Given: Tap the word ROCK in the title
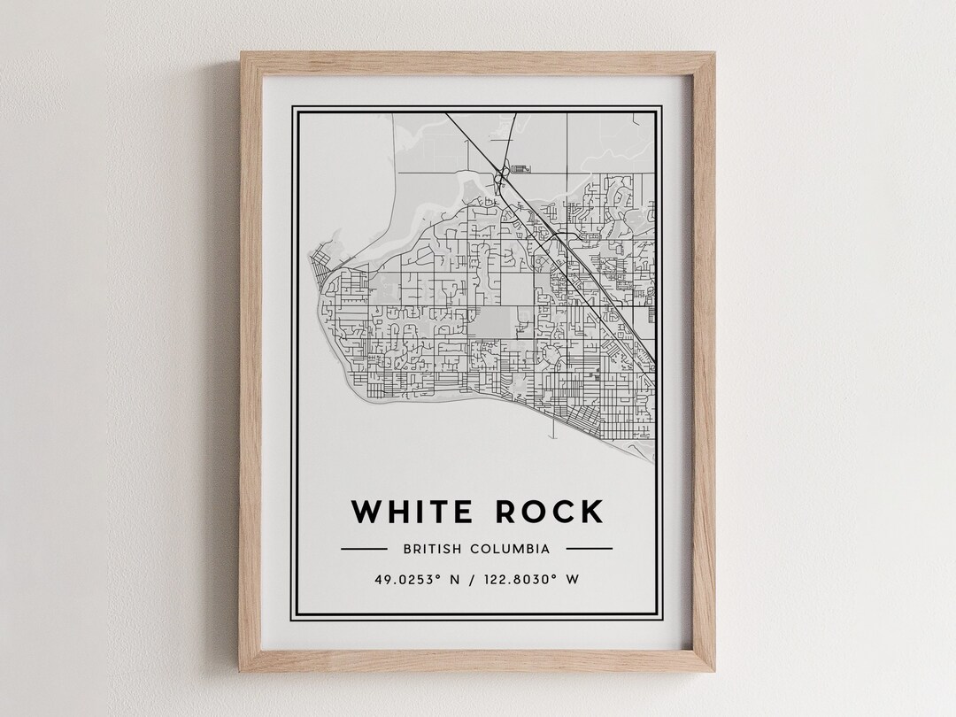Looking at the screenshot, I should (x=549, y=512).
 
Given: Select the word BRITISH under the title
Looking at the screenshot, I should (x=431, y=549).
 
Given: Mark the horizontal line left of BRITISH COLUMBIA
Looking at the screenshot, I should (x=363, y=549).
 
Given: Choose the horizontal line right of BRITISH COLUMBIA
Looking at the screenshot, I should (x=589, y=549).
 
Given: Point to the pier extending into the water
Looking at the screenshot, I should (x=552, y=428).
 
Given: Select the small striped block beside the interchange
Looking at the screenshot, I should (x=520, y=166).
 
